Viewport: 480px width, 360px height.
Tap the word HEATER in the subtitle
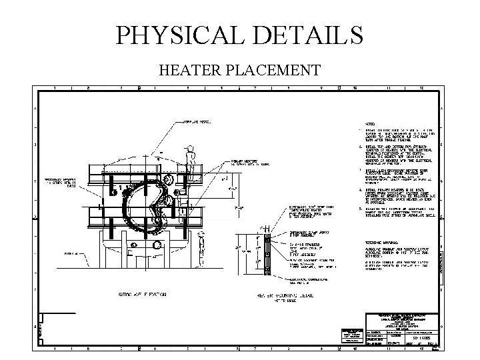pyautogui.click(x=188, y=70)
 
